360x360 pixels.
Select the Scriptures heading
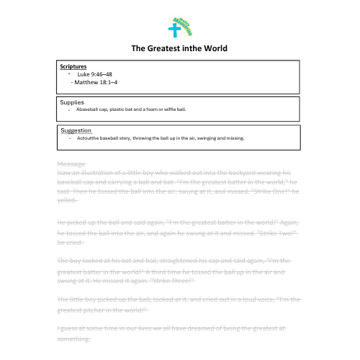[73, 67]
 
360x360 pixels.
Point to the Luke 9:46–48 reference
[94, 74]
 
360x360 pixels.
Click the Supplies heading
[72, 102]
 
